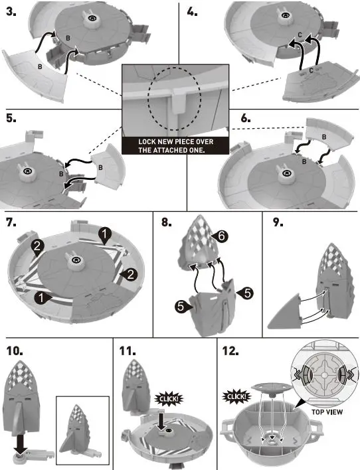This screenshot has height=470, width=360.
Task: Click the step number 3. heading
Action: [x=11, y=12]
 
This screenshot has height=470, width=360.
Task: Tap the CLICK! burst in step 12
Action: [x=236, y=398]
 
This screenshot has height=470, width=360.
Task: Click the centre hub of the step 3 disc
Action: [x=88, y=21]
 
